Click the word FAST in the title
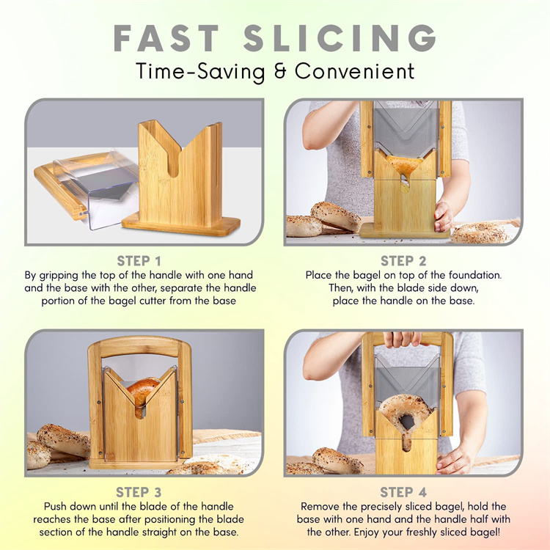point(166,38)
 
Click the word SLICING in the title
point(340,38)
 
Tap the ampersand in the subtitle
point(280,71)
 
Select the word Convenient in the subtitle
point(355,71)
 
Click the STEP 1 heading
point(139,261)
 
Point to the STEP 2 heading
point(403,261)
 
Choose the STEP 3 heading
point(139,492)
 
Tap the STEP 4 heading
point(403,492)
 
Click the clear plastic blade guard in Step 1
point(97,188)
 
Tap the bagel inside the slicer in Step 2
point(403,165)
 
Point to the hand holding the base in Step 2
point(444,216)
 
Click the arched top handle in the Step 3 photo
point(139,345)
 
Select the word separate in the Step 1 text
point(180,288)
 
